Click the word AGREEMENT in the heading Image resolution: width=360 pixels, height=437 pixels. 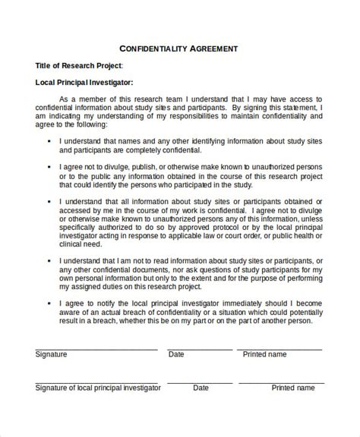(210, 48)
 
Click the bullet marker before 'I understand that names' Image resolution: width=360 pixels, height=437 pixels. (49, 141)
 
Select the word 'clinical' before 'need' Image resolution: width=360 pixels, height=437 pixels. (73, 245)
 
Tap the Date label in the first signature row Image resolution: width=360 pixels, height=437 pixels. (176, 354)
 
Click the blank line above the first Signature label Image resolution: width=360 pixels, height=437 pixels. (96, 349)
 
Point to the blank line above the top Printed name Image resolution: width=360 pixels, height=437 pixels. (282, 349)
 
